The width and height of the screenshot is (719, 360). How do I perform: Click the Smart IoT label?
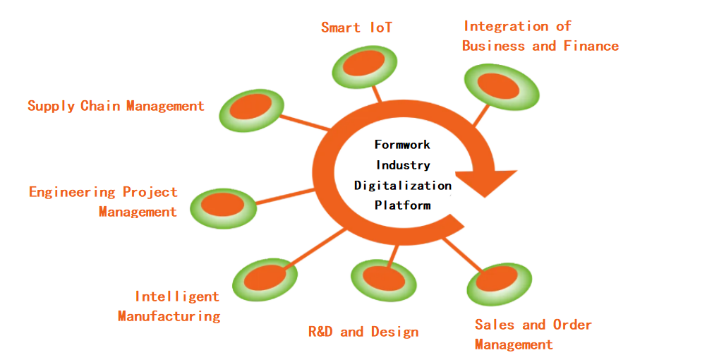pos(356,28)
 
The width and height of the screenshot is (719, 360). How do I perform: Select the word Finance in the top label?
pos(591,46)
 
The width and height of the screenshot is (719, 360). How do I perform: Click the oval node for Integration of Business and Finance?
pos(502,86)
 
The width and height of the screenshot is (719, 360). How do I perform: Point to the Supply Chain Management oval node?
pos(251,109)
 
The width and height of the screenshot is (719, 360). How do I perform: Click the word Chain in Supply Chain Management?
pos(100,106)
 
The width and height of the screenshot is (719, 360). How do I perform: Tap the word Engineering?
pos(72,192)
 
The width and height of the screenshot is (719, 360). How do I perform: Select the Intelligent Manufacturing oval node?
pos(265,280)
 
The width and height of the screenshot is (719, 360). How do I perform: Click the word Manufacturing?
pos(169,316)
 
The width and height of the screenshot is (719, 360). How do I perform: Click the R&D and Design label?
pos(363,332)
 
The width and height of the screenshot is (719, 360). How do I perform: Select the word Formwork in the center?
pos(402,144)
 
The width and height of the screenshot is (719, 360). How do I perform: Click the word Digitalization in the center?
pos(402,185)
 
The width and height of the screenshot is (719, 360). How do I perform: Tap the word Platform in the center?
pos(402,205)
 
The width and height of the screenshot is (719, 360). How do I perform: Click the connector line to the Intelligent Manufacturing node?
pos(318,247)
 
